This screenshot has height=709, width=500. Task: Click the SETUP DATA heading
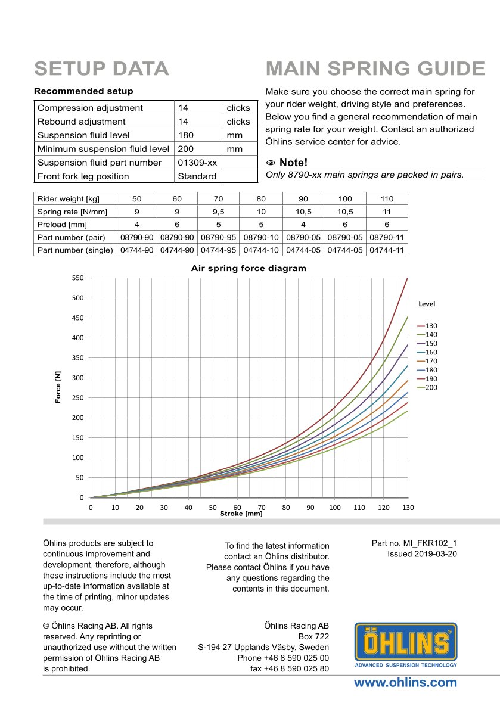[x=101, y=69]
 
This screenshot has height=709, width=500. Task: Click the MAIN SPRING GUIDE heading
[x=375, y=69]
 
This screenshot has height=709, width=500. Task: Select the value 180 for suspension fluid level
[x=186, y=135]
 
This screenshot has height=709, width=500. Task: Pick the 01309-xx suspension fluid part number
[x=197, y=163]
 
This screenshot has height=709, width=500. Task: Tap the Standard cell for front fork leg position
[x=197, y=176]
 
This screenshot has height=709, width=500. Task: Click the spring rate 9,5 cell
[x=219, y=212]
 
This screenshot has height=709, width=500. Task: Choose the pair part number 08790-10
[x=261, y=237]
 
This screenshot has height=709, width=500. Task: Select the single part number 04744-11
[x=387, y=250]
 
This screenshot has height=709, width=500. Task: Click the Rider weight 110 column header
[x=387, y=198]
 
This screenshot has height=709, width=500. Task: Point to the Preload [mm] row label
[x=62, y=225]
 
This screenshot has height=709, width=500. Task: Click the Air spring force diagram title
[x=249, y=268]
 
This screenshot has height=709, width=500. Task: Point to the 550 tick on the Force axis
[x=77, y=278]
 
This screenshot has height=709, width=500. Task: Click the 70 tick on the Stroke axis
[x=262, y=508]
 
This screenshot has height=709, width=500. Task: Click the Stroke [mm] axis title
[x=241, y=514]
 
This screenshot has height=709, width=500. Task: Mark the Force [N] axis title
[x=58, y=387]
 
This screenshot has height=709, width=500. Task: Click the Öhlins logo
[x=406, y=645]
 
